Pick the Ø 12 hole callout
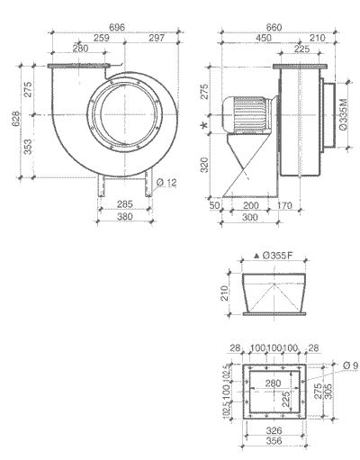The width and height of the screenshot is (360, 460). click(166, 183)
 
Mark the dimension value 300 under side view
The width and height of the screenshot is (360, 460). click(247, 217)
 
